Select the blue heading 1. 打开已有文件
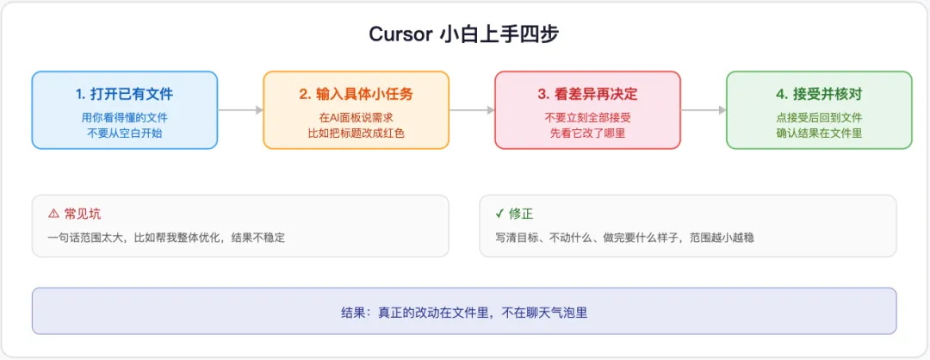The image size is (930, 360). coord(125,94)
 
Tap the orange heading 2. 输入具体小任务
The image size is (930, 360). coord(356,94)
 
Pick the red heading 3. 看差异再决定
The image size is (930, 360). coord(588,94)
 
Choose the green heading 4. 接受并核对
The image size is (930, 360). coord(819,94)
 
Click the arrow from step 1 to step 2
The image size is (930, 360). coord(240,109)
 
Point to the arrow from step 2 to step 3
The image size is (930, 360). coord(472,109)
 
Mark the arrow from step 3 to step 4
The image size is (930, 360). coord(704,109)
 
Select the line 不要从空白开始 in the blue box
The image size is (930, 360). coord(125,133)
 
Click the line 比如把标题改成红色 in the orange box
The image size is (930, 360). coord(356,133)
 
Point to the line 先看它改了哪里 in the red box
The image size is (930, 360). coord(588,133)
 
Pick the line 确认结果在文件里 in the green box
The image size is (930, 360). coord(819,133)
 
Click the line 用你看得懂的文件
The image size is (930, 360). coord(125,117)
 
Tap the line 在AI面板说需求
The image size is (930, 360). coord(356,117)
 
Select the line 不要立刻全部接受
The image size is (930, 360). coord(588,117)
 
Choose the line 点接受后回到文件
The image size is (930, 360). coord(819,117)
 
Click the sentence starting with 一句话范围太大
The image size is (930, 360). coord(167,238)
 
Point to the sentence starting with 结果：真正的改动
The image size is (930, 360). coord(464,312)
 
